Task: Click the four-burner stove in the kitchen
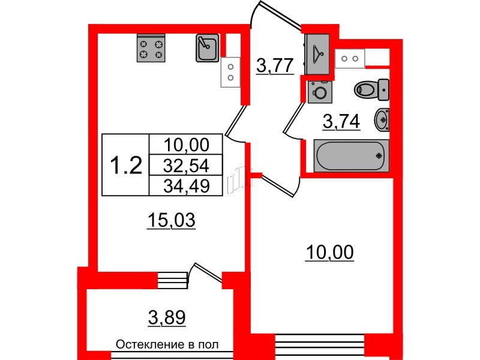[x=151, y=48]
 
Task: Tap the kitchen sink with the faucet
[x=207, y=48]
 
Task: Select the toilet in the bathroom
[x=371, y=89]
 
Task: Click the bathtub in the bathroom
[x=352, y=155]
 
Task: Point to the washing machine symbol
[x=320, y=92]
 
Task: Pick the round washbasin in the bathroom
[x=382, y=120]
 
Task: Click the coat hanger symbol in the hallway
[x=317, y=54]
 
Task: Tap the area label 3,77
[x=275, y=65]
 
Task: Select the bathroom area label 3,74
[x=341, y=122]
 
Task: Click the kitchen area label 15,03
[x=171, y=220]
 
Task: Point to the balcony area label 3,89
[x=167, y=318]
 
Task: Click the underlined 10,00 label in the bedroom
[x=329, y=253]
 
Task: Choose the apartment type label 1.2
[x=126, y=164]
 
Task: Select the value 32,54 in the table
[x=186, y=166]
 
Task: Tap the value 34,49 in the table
[x=186, y=185]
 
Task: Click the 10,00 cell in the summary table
[x=186, y=145]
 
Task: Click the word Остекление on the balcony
[x=148, y=345]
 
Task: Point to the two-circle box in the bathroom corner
[x=350, y=58]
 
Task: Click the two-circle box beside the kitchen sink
[x=230, y=72]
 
